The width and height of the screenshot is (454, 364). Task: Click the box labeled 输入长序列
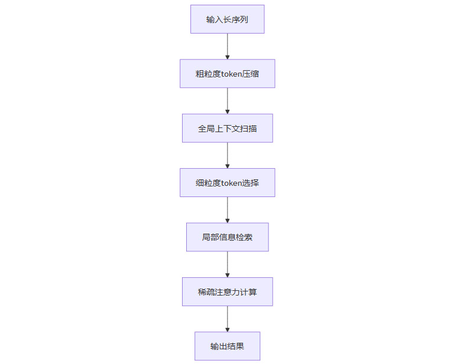pyautogui.click(x=227, y=19)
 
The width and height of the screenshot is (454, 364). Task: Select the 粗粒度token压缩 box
pyautogui.click(x=227, y=74)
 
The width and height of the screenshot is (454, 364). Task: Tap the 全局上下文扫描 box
pyautogui.click(x=227, y=128)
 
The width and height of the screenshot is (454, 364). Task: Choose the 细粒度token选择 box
pyautogui.click(x=227, y=182)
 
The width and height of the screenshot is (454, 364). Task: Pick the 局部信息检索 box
pyautogui.click(x=227, y=237)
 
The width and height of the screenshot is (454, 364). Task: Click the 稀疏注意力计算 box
pyautogui.click(x=227, y=291)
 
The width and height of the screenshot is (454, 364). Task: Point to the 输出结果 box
pyautogui.click(x=227, y=346)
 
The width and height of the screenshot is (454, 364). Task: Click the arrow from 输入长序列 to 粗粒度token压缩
pyautogui.click(x=227, y=46)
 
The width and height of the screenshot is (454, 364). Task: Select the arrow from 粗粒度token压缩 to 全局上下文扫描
pyautogui.click(x=227, y=100)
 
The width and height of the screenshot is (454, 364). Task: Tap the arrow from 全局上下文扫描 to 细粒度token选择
pyautogui.click(x=227, y=155)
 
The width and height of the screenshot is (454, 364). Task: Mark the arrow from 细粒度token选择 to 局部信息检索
pyautogui.click(x=227, y=209)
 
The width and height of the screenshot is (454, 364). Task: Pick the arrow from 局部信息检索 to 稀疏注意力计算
pyautogui.click(x=227, y=264)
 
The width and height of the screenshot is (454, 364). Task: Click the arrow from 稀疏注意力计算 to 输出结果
pyautogui.click(x=227, y=319)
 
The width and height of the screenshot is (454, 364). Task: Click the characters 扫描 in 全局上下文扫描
pyautogui.click(x=249, y=128)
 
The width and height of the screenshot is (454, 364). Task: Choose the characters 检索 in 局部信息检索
pyautogui.click(x=245, y=237)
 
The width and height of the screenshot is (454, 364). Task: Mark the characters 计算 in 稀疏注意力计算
pyautogui.click(x=249, y=291)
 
